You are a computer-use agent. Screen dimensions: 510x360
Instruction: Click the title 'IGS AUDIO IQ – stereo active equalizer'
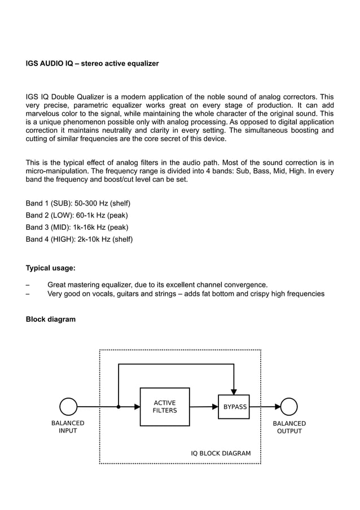[x=92, y=64]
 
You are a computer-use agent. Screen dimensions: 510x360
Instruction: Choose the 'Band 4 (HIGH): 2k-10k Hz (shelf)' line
[x=79, y=239]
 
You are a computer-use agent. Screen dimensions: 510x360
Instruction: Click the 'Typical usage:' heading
[x=51, y=268]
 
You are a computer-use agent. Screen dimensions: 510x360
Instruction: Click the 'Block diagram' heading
[x=51, y=319]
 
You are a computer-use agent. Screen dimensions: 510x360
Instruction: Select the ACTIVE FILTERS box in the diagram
[x=165, y=407]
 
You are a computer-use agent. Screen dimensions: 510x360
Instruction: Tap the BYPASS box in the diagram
[x=234, y=407]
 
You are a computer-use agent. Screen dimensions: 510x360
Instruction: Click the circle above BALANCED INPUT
[x=68, y=407]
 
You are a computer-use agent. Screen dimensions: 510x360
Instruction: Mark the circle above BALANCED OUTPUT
[x=289, y=407]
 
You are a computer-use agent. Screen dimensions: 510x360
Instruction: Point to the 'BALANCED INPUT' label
[x=68, y=427]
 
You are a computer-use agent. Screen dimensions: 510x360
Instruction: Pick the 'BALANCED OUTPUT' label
[x=289, y=427]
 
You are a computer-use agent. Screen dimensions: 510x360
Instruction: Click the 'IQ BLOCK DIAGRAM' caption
[x=221, y=454]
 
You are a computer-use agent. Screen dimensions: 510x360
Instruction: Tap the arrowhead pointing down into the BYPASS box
[x=234, y=392]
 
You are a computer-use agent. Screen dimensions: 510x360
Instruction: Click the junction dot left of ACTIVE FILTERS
[x=118, y=407]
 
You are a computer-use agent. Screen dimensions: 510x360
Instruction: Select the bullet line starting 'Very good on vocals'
[x=186, y=294]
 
